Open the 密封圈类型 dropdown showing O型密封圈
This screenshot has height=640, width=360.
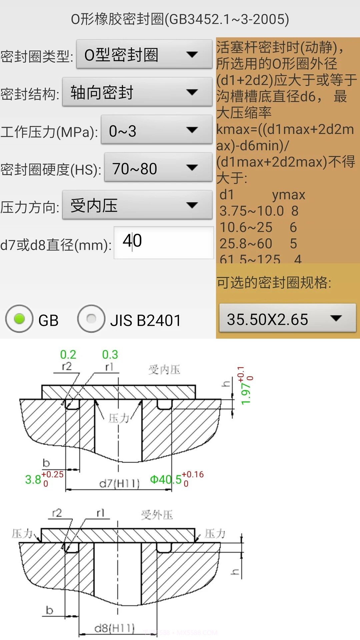(x=144, y=55)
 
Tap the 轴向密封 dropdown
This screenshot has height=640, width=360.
(x=137, y=92)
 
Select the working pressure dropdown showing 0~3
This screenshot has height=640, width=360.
(x=156, y=130)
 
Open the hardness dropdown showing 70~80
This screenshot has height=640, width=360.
(x=158, y=168)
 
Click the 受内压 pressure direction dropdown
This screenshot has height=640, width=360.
(x=137, y=205)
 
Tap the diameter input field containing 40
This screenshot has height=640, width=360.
(x=163, y=242)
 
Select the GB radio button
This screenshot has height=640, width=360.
(x=20, y=319)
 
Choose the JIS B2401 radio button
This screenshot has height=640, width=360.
(x=91, y=319)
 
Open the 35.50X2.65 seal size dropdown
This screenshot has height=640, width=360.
(x=287, y=319)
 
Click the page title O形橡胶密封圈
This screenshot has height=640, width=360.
(x=180, y=19)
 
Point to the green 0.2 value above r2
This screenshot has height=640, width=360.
(x=68, y=354)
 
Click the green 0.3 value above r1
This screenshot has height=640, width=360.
(x=110, y=354)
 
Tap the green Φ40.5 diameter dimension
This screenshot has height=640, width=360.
(x=166, y=480)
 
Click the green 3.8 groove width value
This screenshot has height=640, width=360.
(x=33, y=480)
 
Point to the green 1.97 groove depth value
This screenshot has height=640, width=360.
(x=246, y=393)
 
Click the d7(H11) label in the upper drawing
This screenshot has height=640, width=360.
(x=119, y=483)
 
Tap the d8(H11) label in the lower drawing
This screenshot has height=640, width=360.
(x=114, y=628)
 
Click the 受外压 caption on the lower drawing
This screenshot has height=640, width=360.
(x=157, y=515)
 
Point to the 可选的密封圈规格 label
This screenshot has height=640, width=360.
(x=274, y=282)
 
